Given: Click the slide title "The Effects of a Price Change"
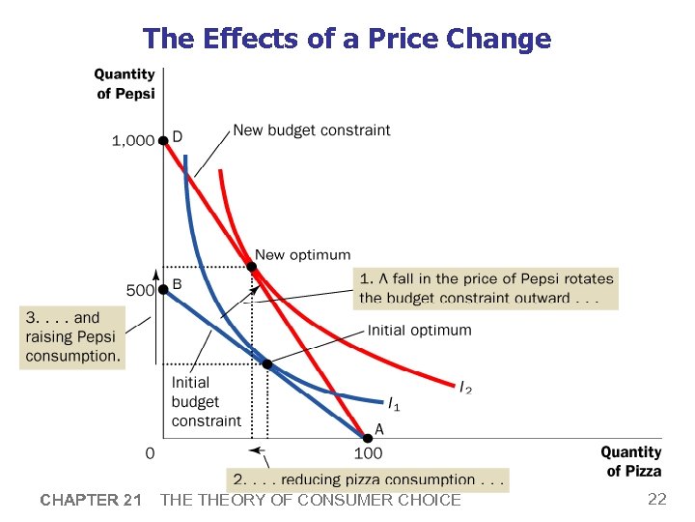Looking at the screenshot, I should pyautogui.click(x=347, y=39).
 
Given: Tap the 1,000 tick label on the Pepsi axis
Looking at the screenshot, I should pyautogui.click(x=133, y=140).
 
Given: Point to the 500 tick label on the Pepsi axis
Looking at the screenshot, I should pyautogui.click(x=141, y=289).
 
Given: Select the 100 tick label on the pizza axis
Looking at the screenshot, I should pyautogui.click(x=368, y=452).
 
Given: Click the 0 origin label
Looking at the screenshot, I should pyautogui.click(x=150, y=452).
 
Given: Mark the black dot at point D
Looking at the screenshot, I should pyautogui.click(x=164, y=140).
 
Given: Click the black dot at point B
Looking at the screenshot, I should pyautogui.click(x=164, y=288).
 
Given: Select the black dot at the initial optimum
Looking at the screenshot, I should pyautogui.click(x=267, y=364).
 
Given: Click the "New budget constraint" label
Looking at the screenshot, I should pyautogui.click(x=312, y=130).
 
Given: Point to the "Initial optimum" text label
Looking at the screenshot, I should pyautogui.click(x=419, y=330).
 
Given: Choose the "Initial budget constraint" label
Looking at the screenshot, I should pyautogui.click(x=206, y=401).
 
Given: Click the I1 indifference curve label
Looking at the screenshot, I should pyautogui.click(x=394, y=403).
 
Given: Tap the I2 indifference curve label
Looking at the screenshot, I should pyautogui.click(x=465, y=387).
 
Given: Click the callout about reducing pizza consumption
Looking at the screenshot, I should pyautogui.click(x=367, y=479).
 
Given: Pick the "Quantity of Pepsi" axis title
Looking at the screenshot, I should pyautogui.click(x=125, y=83).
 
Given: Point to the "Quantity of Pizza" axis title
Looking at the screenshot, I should pyautogui.click(x=631, y=461).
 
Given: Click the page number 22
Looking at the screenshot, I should pyautogui.click(x=657, y=499).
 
